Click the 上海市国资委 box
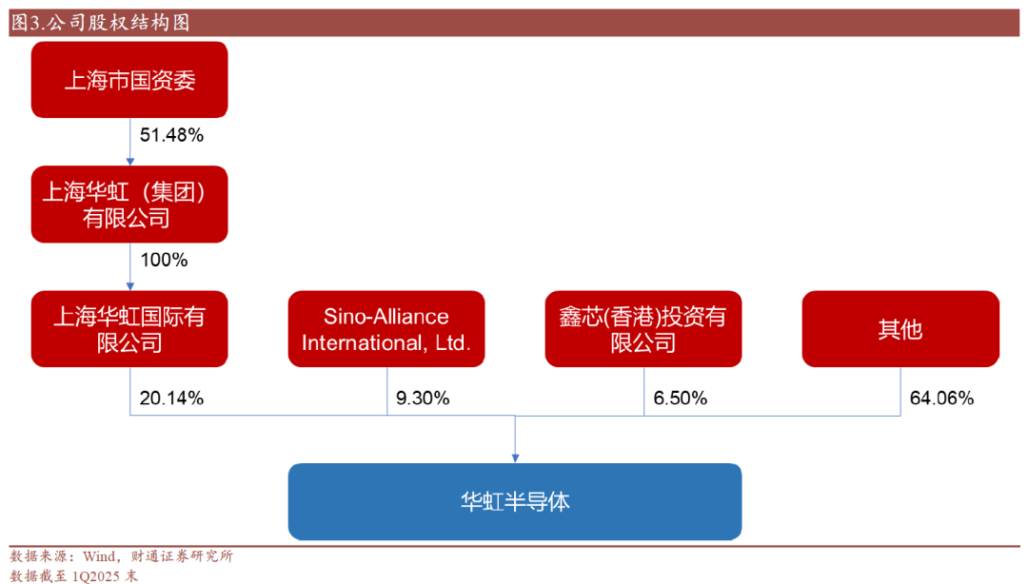coord(129,80)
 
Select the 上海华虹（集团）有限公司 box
coord(129,204)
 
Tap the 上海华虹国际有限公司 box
coord(129,329)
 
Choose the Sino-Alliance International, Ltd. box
coord(386,329)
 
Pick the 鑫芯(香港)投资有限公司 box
coord(643,329)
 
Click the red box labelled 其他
coord(900,329)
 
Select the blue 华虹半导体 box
coord(515,502)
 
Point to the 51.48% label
coord(171,135)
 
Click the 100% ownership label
coord(164,261)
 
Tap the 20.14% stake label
coord(171,398)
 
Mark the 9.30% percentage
coord(423,398)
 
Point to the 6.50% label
coord(681,398)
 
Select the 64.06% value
coord(942,398)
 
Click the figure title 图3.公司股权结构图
coord(100,23)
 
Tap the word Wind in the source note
coord(99,556)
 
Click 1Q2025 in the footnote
coord(96,576)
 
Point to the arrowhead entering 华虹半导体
coord(515,458)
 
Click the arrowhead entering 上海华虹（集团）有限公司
coord(129,162)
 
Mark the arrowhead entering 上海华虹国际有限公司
coord(129,286)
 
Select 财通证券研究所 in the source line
coord(182,556)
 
